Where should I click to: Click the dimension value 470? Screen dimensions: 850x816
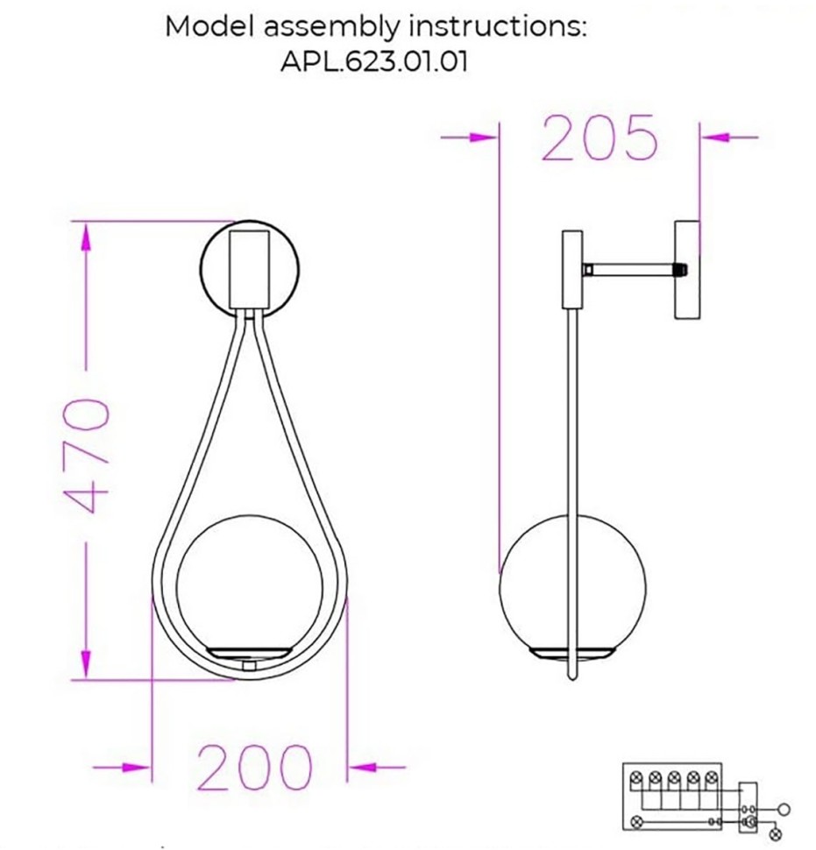[88, 457]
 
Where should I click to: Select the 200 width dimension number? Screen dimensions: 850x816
[254, 768]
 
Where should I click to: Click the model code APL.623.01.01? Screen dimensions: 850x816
[375, 64]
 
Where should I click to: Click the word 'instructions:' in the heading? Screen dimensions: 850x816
[497, 25]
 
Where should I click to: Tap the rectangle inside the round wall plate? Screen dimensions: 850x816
[250, 266]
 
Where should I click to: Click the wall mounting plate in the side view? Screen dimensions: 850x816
[686, 269]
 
